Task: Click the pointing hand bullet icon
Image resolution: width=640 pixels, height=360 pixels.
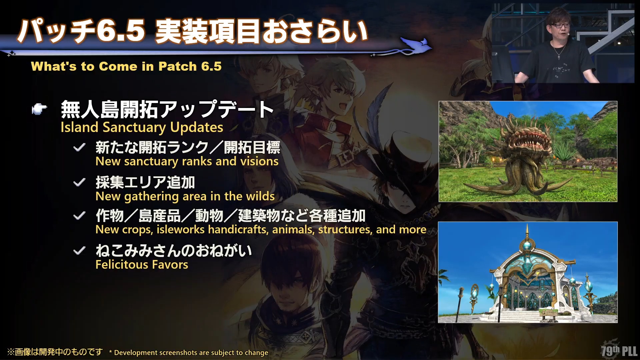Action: (39, 109)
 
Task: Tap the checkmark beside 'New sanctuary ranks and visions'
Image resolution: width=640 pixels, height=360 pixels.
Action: (79, 147)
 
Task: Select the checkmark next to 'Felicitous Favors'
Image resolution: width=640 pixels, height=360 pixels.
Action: (79, 250)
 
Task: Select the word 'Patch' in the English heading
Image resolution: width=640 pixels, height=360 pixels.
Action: (178, 66)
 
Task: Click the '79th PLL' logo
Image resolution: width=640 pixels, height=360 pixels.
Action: (619, 350)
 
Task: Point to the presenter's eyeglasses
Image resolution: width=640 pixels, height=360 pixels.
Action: (560, 25)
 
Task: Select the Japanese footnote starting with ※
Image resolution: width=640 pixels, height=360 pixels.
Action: (55, 352)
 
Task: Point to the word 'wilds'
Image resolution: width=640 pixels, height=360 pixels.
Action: (260, 196)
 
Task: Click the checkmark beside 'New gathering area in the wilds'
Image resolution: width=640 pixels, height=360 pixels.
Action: (79, 182)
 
